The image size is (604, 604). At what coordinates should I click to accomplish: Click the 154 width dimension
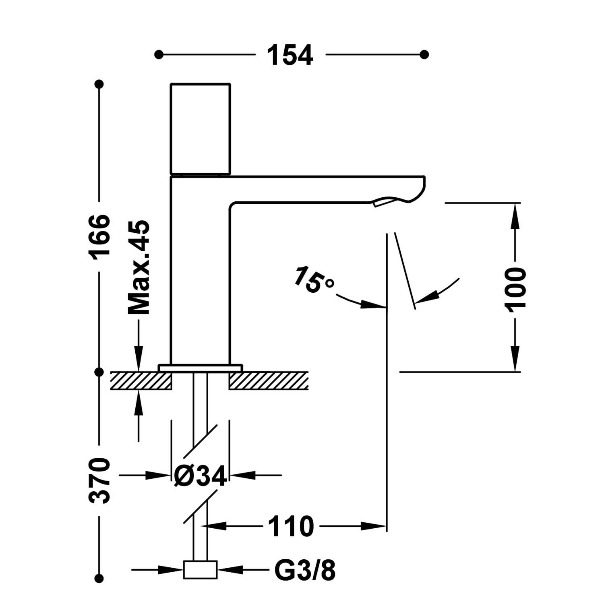tap(290, 55)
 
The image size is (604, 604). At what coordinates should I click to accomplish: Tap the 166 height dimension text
tap(99, 237)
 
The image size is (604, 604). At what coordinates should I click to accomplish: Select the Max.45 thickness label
tap(139, 267)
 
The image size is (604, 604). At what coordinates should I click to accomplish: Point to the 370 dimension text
tap(99, 480)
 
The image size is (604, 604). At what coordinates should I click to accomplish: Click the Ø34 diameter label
tap(200, 476)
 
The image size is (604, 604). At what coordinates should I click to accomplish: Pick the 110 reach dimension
tap(291, 526)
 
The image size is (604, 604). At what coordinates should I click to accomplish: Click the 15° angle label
tap(313, 279)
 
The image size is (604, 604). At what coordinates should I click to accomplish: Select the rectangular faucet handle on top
tap(200, 129)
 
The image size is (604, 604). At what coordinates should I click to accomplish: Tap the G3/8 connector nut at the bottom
tap(200, 570)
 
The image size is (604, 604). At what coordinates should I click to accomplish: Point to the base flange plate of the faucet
tap(200, 368)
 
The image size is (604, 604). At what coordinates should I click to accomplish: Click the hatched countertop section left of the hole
tap(141, 381)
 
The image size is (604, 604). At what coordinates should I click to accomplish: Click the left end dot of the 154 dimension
tap(159, 54)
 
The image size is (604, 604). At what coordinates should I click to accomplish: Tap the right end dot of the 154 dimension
tap(424, 54)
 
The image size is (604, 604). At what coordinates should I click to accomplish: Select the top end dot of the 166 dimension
tap(99, 84)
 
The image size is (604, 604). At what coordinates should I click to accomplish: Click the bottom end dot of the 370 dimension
tap(99, 579)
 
